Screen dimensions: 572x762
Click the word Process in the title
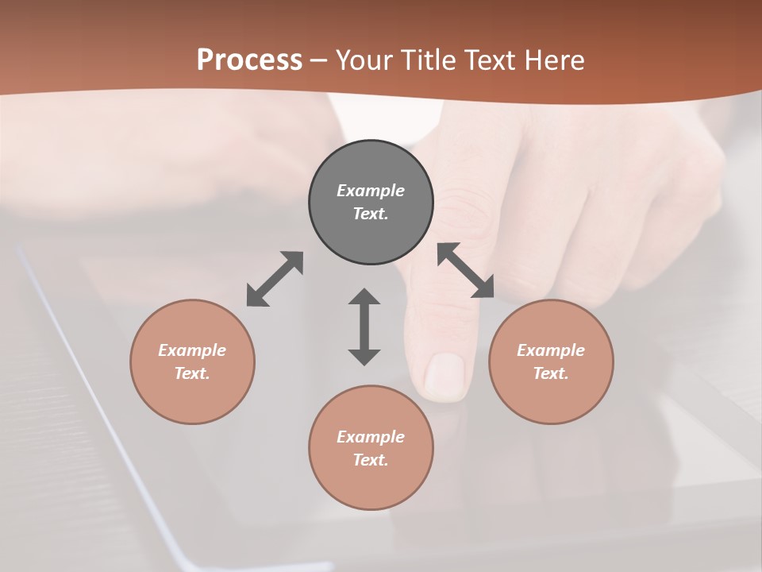pos(249,60)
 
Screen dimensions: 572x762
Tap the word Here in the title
pos(553,60)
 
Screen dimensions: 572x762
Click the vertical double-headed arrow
pos(364,327)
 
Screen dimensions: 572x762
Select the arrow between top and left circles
pos(275,279)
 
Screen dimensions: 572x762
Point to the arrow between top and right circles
pos(466,270)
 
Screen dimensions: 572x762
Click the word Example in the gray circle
pos(371,191)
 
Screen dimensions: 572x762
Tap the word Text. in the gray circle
pos(371,214)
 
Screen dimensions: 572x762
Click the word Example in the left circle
pos(192,350)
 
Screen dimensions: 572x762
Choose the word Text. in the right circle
pos(551,373)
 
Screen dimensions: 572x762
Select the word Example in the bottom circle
pos(371,437)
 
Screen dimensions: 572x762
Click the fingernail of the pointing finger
pos(444,375)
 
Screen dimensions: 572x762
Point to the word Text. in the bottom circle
pos(371,460)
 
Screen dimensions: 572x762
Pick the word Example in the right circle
pos(551,350)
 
